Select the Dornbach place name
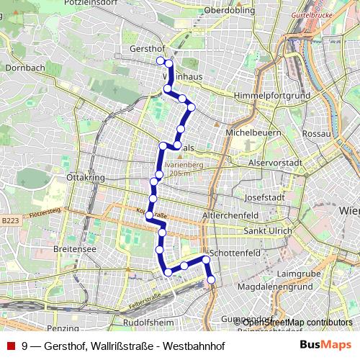(x=25, y=68)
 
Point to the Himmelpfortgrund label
(x=276, y=96)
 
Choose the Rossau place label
(x=316, y=134)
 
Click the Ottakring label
(x=86, y=176)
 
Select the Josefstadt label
(x=266, y=196)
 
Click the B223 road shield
(x=9, y=221)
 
